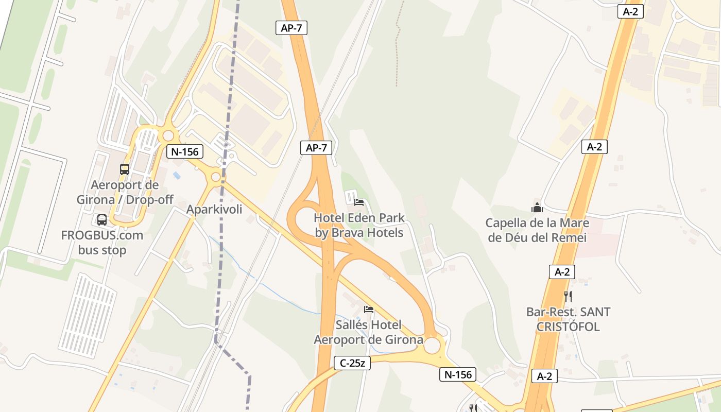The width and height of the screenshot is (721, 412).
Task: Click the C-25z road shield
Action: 353,363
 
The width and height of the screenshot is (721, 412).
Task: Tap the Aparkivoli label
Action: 214,210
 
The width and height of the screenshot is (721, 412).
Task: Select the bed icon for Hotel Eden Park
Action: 359,202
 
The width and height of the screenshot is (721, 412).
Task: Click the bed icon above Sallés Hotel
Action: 369,309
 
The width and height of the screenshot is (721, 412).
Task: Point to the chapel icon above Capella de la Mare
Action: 537,208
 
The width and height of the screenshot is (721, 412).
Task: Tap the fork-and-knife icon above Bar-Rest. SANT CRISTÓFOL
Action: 568,296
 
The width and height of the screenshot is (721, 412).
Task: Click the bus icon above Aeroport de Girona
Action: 125,169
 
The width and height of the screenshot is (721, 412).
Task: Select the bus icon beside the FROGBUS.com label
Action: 102,220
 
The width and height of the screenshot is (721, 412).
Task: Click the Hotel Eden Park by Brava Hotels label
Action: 359,225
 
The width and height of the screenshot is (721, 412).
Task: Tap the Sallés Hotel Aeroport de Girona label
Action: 369,332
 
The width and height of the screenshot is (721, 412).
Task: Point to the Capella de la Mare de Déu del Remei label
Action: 537,230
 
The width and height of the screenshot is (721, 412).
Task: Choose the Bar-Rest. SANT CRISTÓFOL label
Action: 568,319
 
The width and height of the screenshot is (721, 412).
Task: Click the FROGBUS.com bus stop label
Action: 102,243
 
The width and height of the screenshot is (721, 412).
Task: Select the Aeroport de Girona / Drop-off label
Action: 125,192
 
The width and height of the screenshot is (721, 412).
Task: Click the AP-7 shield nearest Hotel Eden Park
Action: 316,148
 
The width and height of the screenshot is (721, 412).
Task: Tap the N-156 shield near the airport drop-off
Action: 185,151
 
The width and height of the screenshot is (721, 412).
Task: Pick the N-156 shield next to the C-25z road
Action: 458,374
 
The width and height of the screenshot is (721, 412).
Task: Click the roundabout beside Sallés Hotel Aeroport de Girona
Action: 432,345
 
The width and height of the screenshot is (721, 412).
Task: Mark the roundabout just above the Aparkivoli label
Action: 216,177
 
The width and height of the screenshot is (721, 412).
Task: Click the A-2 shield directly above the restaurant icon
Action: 562,272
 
